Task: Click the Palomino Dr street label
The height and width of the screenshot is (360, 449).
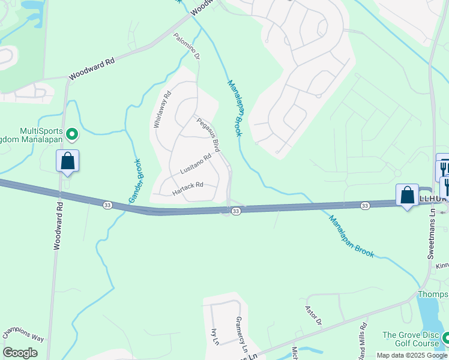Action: (187, 46)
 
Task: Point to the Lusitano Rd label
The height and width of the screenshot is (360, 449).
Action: (196, 164)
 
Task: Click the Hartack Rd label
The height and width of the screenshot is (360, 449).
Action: (188, 188)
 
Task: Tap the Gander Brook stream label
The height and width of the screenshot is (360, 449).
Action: (134, 180)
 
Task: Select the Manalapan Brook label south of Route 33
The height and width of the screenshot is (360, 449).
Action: (351, 236)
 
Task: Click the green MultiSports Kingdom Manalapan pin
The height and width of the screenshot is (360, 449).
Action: (72, 134)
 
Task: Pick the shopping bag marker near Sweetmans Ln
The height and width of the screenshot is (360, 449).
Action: (407, 195)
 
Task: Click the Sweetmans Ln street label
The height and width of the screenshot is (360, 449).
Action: (431, 239)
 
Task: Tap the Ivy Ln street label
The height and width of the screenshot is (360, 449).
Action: (214, 337)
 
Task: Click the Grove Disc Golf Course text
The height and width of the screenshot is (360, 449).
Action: (414, 340)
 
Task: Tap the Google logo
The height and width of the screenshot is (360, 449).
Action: (20, 353)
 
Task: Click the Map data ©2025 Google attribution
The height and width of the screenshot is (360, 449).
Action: (411, 355)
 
